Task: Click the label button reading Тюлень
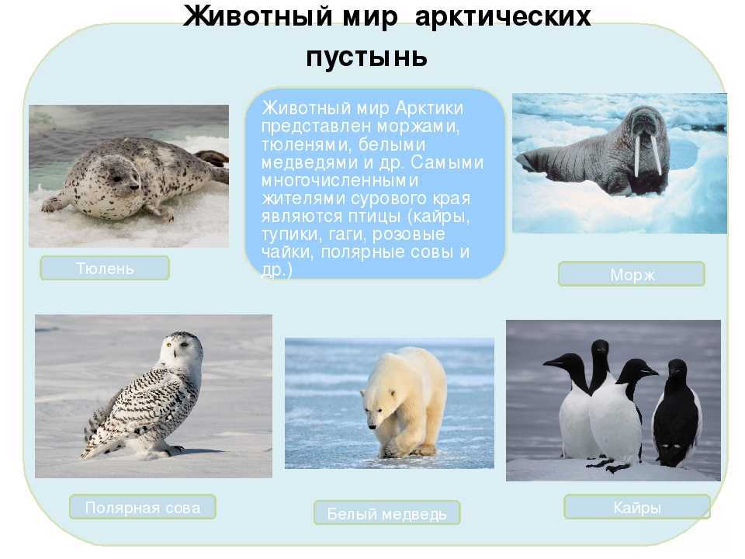[x=105, y=268]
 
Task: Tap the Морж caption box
[x=632, y=274]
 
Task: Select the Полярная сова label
[x=143, y=507]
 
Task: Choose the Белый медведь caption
[x=386, y=512]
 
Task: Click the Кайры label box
[x=637, y=507]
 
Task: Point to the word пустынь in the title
[x=366, y=56]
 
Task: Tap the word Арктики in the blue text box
[x=429, y=108]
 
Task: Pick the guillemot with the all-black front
[x=677, y=412]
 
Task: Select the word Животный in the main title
[x=258, y=16]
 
